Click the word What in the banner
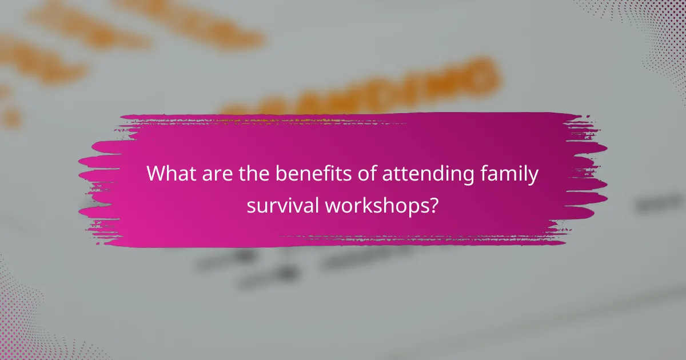[169, 174]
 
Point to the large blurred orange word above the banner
[366, 86]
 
